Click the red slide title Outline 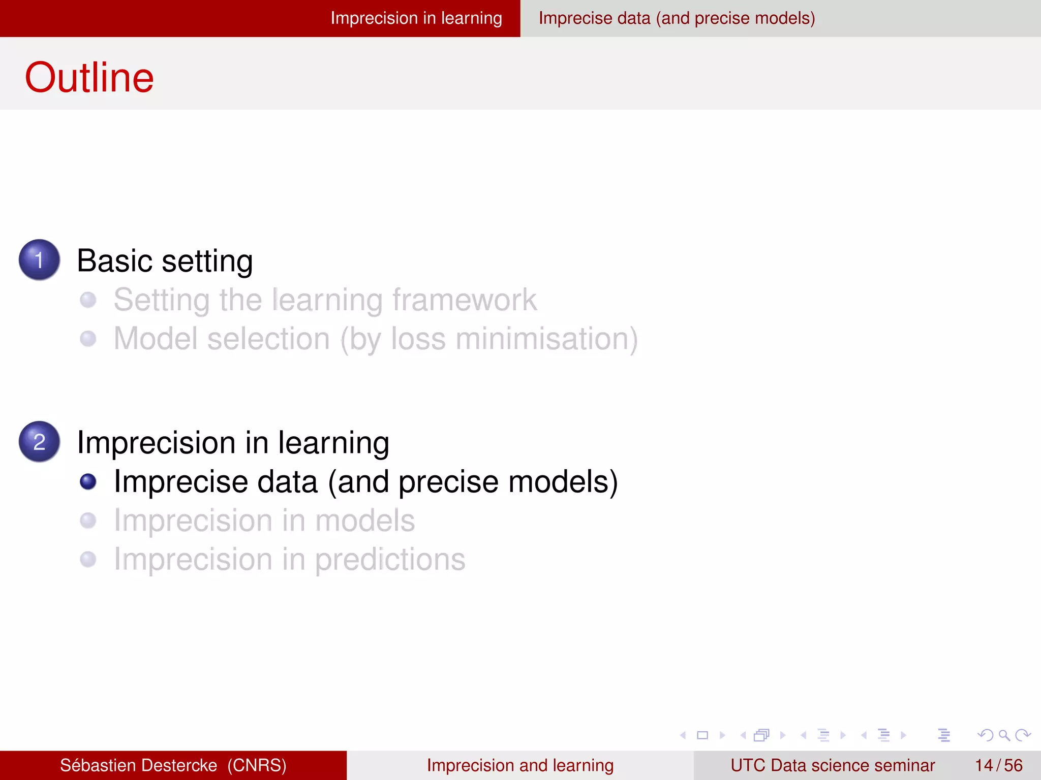[89, 77]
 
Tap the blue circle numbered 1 [39, 259]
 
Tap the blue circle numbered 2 [39, 441]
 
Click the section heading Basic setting [165, 261]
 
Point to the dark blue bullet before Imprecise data [88, 481]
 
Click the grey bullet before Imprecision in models [88, 521]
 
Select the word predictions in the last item [390, 560]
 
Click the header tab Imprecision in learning [416, 18]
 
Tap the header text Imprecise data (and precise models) [677, 18]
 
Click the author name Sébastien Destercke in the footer [138, 765]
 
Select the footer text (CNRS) [257, 765]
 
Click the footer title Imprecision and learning [520, 765]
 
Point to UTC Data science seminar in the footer [832, 765]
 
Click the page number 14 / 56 [998, 765]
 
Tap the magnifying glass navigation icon [1004, 735]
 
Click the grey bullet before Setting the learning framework [88, 300]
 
